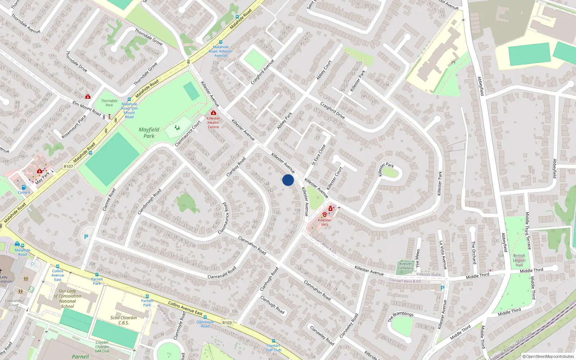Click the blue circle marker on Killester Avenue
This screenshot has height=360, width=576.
coord(288,180)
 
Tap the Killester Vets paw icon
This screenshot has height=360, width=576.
coord(325,215)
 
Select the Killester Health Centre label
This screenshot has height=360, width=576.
coord(213,122)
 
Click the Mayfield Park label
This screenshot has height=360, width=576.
coord(149,132)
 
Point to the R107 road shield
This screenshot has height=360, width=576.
coord(68,166)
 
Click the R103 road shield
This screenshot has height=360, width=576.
coord(227,323)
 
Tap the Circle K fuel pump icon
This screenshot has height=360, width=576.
coord(24,187)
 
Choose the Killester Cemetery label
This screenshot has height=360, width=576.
coord(406,266)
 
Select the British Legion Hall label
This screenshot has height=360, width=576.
coord(519,260)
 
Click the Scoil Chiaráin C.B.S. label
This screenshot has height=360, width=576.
coord(123,320)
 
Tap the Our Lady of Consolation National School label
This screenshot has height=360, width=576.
coord(67,298)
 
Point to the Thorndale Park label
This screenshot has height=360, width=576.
coord(109,103)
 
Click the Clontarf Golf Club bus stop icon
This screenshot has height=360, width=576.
coord(274,341)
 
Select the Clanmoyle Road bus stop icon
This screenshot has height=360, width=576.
coord(205,318)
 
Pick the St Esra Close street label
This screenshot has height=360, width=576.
coord(318,155)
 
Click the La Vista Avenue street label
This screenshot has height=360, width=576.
coord(443,255)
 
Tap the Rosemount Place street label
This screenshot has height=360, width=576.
coord(74,126)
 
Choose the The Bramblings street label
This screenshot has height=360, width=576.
coord(401,316)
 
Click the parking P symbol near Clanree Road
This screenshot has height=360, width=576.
coord(86,237)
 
